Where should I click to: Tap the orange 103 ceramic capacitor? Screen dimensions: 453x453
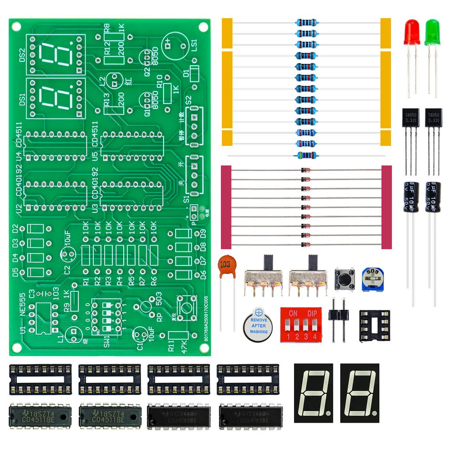(226, 265)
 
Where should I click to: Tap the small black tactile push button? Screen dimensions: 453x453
(344, 279)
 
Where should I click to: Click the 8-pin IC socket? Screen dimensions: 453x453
(374, 326)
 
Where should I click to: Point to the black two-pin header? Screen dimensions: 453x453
(337, 319)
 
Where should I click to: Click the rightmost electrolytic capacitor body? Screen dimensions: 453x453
(433, 197)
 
